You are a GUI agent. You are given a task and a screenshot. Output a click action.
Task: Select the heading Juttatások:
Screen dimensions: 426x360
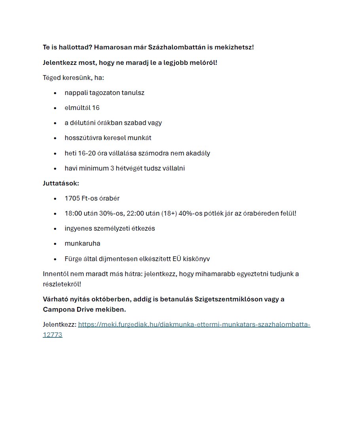tap(61, 184)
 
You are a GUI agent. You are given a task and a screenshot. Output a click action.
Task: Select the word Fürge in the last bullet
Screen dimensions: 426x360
tap(73, 259)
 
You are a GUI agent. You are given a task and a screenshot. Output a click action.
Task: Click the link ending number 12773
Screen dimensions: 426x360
tap(53, 335)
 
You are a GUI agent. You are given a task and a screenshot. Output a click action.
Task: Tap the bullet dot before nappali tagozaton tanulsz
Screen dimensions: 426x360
tap(55, 93)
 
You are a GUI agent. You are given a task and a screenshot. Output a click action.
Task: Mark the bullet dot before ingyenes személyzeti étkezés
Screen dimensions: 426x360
tap(55, 229)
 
